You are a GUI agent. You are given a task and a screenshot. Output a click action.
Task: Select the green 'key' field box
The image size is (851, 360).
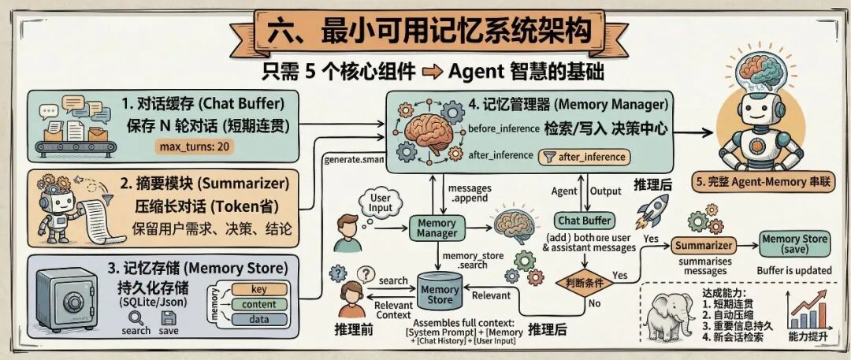click(x=258, y=289)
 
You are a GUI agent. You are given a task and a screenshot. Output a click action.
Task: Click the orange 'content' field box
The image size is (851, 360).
click(x=258, y=304)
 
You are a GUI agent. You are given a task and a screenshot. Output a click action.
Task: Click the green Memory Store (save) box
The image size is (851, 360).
click(x=793, y=244)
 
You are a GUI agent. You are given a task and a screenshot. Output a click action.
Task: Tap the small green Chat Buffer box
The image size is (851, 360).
click(x=585, y=221)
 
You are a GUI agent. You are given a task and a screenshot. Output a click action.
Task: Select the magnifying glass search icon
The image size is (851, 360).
click(x=136, y=317)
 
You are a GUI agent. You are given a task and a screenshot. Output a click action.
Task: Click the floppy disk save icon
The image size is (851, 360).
click(x=168, y=317)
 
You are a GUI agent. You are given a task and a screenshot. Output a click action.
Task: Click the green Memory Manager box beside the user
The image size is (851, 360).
click(x=437, y=228)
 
